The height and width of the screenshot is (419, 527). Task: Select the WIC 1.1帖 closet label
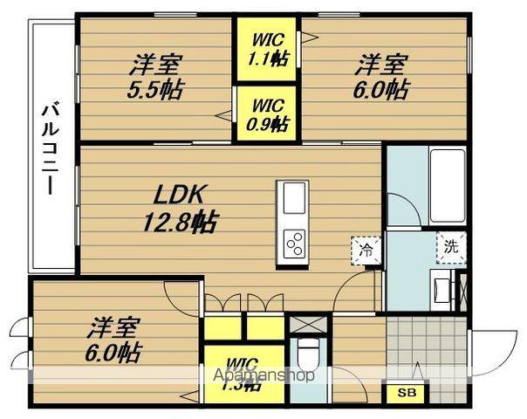point(265,50)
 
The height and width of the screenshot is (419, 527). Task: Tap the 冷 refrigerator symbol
point(366,251)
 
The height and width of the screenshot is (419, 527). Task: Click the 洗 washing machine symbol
point(450,245)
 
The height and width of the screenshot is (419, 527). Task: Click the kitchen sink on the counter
point(294,197)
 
